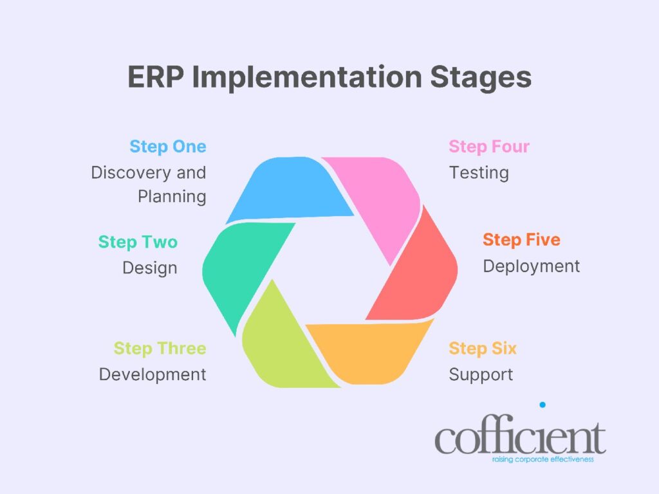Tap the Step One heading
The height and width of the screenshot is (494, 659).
(167, 147)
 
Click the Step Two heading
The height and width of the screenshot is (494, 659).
(138, 242)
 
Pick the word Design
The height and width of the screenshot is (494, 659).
(149, 268)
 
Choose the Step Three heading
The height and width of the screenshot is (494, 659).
(160, 349)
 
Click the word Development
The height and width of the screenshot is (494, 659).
(153, 374)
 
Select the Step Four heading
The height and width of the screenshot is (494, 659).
(489, 147)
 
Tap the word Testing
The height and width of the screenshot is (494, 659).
(479, 172)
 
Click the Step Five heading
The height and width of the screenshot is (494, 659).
(521, 240)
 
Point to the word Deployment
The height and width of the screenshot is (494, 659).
(532, 266)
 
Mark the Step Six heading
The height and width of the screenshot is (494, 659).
(483, 349)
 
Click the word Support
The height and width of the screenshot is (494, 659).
(481, 374)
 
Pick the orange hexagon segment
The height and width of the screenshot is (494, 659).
(373, 351)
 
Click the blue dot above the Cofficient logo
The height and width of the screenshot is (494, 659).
(543, 405)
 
